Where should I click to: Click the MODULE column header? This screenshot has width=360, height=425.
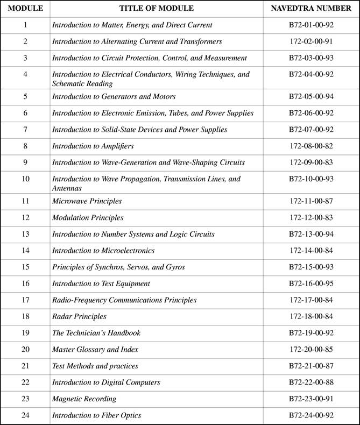[x=25, y=9]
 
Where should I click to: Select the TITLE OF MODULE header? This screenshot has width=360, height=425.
[x=156, y=9]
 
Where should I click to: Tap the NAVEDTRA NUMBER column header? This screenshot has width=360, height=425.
[x=311, y=9]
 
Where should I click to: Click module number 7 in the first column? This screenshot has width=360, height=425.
[x=25, y=130]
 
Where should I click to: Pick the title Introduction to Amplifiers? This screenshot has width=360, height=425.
[x=93, y=146]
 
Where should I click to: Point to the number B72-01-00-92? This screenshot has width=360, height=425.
[x=311, y=25]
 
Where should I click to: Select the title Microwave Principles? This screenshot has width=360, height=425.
[x=87, y=201]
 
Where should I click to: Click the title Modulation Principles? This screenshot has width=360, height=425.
[x=88, y=218]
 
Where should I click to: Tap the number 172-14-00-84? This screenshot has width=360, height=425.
[x=311, y=251]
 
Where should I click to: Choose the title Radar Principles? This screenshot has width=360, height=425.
[x=79, y=316]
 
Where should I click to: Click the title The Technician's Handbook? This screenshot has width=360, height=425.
[x=96, y=333]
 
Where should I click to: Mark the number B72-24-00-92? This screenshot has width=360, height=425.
[x=311, y=415]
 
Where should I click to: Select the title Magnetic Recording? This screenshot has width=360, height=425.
[x=84, y=399]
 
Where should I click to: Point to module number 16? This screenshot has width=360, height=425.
[x=25, y=284]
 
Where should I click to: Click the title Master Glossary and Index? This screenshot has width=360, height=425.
[x=95, y=350]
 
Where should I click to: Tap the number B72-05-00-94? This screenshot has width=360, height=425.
[x=311, y=97]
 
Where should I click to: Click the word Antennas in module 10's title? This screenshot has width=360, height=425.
[x=67, y=188]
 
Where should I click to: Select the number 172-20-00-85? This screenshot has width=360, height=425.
[x=311, y=350]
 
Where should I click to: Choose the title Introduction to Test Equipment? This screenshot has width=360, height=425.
[x=101, y=284]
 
